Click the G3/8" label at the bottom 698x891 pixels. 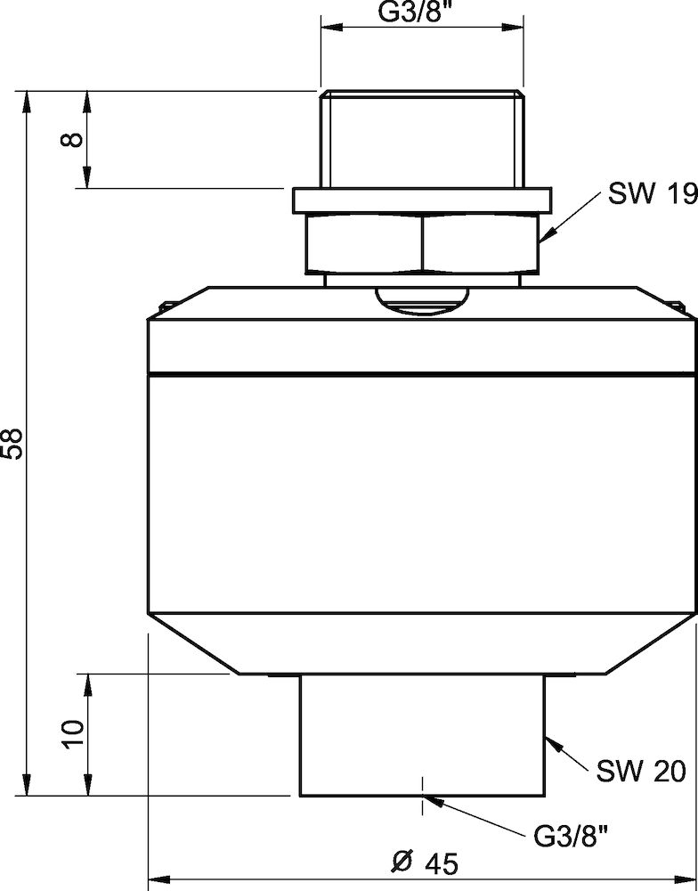tap(571, 836)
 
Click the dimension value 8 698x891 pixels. tap(75, 139)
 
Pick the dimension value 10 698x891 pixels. tap(75, 732)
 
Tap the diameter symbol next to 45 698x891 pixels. tap(400, 862)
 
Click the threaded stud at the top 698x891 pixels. tap(419, 138)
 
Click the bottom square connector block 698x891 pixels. tap(421, 735)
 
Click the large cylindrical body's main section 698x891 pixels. tap(419, 495)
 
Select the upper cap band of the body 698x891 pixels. tap(419, 343)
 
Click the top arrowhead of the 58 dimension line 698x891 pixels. tap(29, 98)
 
